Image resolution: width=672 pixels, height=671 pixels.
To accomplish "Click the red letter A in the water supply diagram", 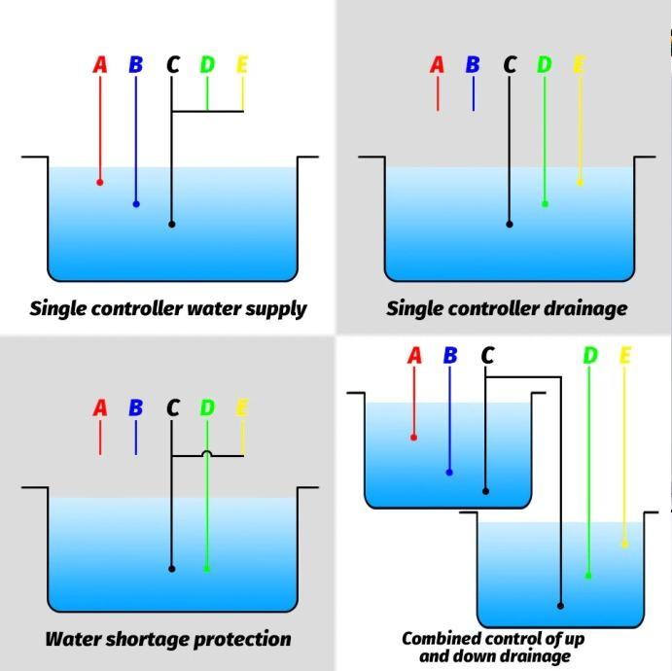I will click(x=100, y=65).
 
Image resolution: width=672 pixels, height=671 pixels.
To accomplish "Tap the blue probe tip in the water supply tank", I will click(x=136, y=204).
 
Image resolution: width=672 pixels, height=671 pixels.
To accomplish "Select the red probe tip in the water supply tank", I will click(x=100, y=182).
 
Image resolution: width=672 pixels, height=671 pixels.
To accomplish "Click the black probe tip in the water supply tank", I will click(x=172, y=225).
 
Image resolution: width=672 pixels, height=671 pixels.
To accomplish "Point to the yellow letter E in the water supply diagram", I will click(x=242, y=65).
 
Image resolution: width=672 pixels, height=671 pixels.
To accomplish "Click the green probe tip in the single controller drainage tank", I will click(x=545, y=204).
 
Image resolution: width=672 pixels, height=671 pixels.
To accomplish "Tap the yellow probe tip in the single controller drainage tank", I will click(x=580, y=182).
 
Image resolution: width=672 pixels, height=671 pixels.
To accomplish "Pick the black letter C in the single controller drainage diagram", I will click(x=510, y=65).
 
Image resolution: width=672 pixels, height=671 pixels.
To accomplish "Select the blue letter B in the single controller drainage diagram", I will click(x=473, y=65).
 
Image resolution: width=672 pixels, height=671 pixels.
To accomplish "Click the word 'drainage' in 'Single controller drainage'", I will click(x=582, y=309).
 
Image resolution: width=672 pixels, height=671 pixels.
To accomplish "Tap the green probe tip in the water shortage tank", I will click(x=207, y=569).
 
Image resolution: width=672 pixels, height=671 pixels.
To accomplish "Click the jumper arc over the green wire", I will click(x=207, y=452).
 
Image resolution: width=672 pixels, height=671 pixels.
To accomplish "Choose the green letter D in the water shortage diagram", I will click(x=207, y=408).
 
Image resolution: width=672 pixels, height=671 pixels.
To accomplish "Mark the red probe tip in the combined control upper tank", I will click(x=414, y=438).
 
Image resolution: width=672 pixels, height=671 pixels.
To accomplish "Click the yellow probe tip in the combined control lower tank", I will click(x=624, y=545).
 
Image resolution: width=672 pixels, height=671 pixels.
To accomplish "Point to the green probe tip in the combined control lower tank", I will click(x=588, y=576).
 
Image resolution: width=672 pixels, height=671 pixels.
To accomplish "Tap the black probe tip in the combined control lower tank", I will click(x=560, y=606).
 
